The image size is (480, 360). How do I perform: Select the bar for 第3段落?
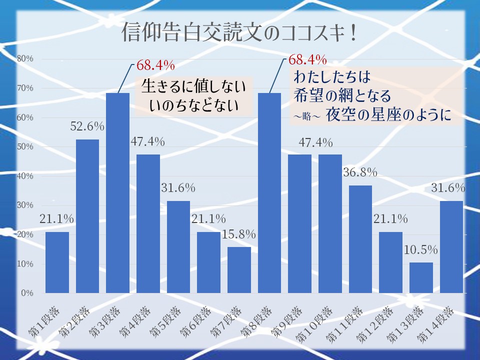118,192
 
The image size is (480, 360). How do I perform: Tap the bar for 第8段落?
269,192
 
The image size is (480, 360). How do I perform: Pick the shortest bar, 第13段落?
421,277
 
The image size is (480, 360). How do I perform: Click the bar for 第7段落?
239,270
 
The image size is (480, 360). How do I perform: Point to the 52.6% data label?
87,127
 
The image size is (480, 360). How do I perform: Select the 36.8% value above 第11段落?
360,172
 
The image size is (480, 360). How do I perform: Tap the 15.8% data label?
239,234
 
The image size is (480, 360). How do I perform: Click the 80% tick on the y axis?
24,58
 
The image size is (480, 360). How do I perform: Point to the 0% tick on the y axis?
26,293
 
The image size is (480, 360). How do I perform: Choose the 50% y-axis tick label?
24,146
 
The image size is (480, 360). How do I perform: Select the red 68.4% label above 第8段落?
308,60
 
